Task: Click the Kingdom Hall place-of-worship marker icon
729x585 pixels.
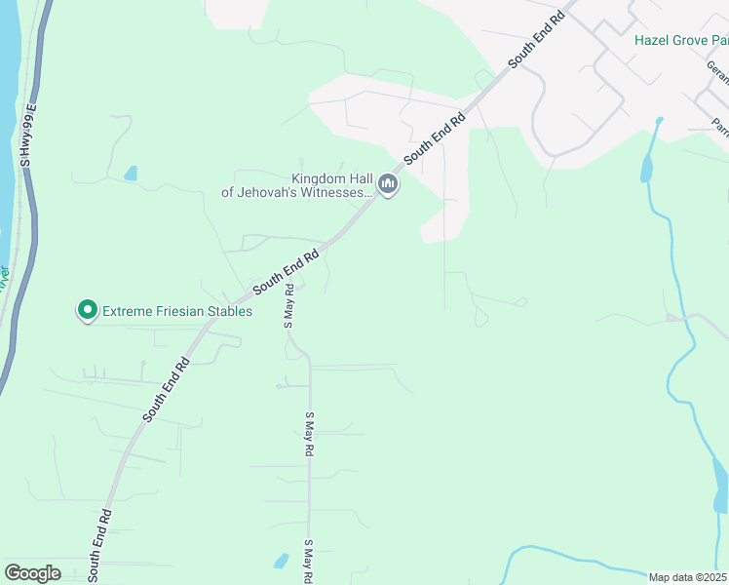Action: tap(389, 184)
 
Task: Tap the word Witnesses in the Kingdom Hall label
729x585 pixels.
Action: tap(328, 193)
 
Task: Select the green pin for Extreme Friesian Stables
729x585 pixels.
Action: tap(87, 311)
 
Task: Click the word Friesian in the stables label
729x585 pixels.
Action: tap(175, 312)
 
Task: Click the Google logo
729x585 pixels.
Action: tap(32, 573)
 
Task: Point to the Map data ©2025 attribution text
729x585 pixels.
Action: tap(687, 577)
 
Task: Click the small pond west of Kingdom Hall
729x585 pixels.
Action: tap(131, 174)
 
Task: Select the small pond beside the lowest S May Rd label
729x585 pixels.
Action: tap(281, 561)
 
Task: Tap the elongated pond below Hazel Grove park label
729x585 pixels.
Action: tap(645, 168)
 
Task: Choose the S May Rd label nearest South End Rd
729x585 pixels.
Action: tap(289, 306)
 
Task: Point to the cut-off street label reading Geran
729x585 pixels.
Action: tap(718, 71)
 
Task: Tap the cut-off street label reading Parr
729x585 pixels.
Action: tap(720, 128)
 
